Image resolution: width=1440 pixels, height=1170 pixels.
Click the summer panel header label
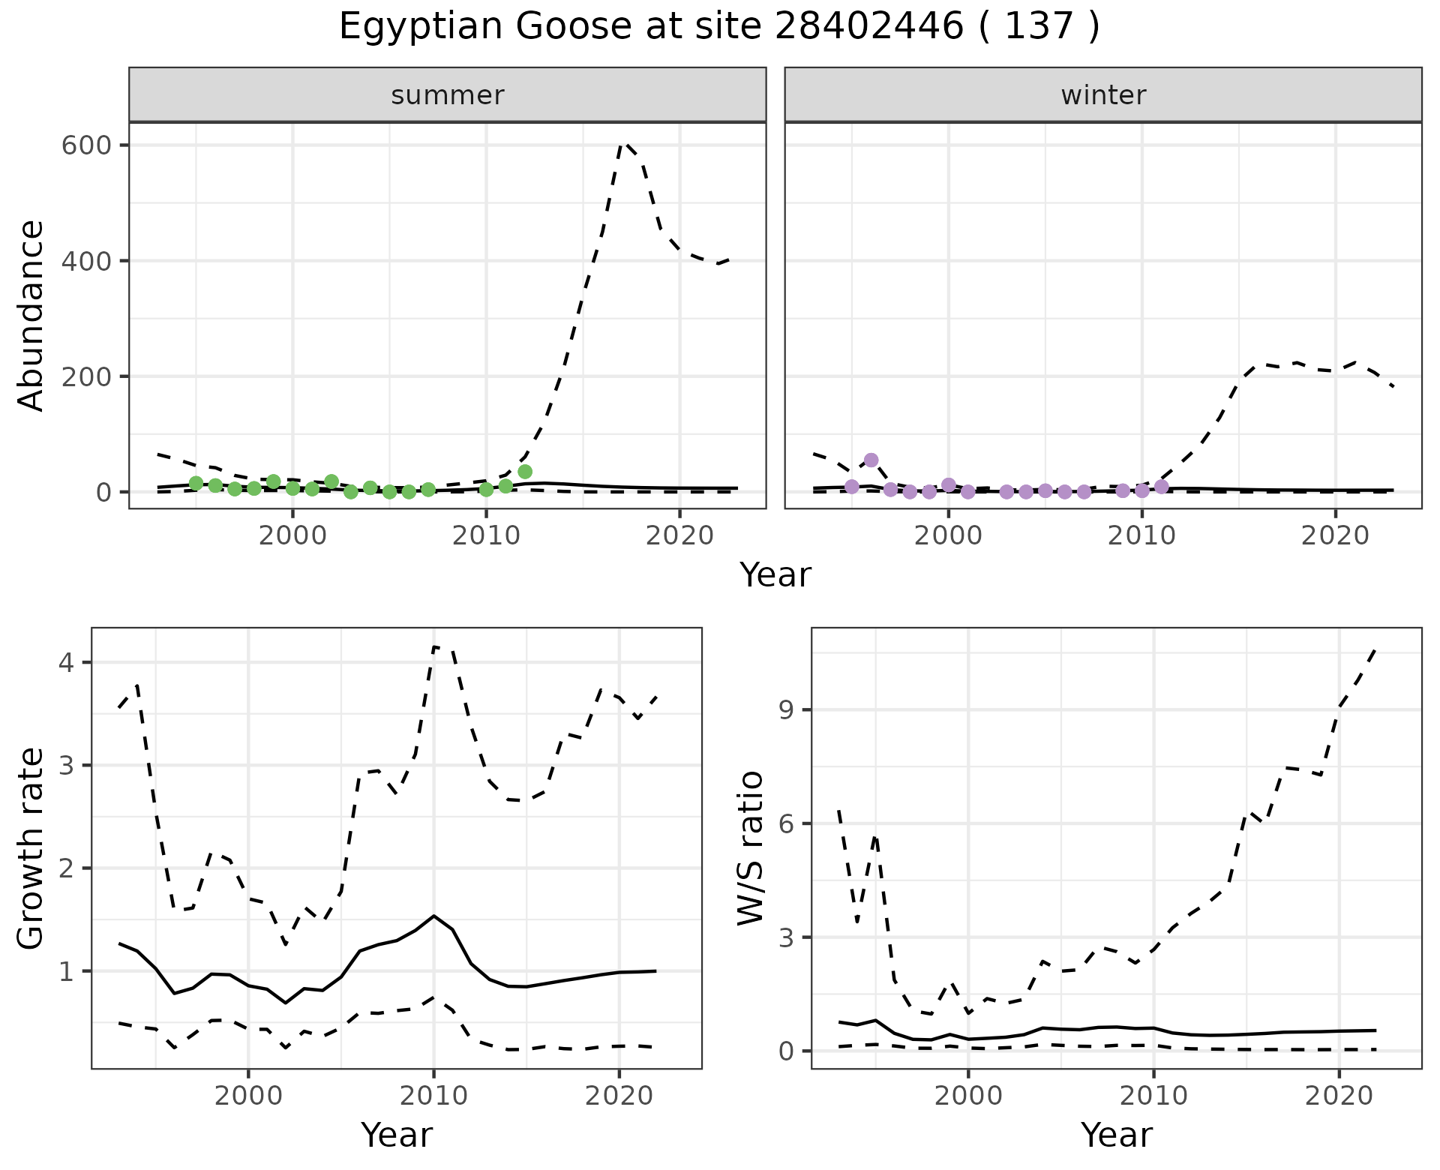tap(448, 95)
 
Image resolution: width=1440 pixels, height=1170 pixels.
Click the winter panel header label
tap(1103, 95)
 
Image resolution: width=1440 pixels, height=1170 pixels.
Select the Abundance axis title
tap(31, 315)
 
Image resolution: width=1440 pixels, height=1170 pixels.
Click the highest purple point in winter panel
tap(871, 460)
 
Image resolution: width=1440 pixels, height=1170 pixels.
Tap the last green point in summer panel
tap(525, 472)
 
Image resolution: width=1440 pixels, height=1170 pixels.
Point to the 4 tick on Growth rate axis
tap(72, 663)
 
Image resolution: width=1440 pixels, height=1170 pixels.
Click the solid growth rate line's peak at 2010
tap(433, 916)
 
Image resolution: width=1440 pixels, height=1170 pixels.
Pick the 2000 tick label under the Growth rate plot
tap(248, 1096)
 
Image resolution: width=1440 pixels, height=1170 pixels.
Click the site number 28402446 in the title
tap(868, 27)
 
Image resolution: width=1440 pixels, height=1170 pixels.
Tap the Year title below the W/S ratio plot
tap(1116, 1135)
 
